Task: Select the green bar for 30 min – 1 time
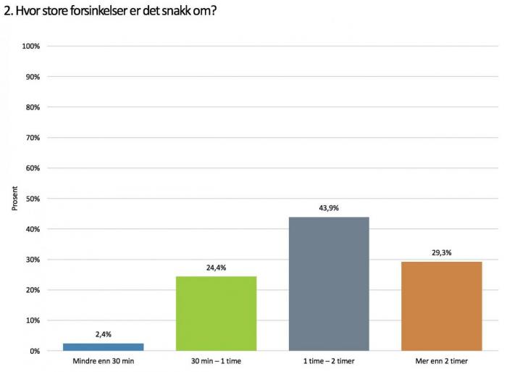tap(216, 313)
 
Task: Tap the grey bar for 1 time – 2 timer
tap(328, 284)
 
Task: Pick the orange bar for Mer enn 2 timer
tap(441, 306)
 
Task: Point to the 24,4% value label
tap(216, 268)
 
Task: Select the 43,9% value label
tap(328, 208)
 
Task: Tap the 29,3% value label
tap(441, 253)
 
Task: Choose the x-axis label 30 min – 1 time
tap(216, 360)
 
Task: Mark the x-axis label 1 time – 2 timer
tap(328, 360)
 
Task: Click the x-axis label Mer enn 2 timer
tap(441, 360)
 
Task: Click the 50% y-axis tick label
tap(33, 199)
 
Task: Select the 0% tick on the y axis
tap(35, 351)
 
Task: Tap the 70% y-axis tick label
tap(33, 138)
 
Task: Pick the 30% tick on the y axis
tap(33, 260)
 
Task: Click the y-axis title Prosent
tap(14, 198)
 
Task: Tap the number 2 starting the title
tap(7, 10)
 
